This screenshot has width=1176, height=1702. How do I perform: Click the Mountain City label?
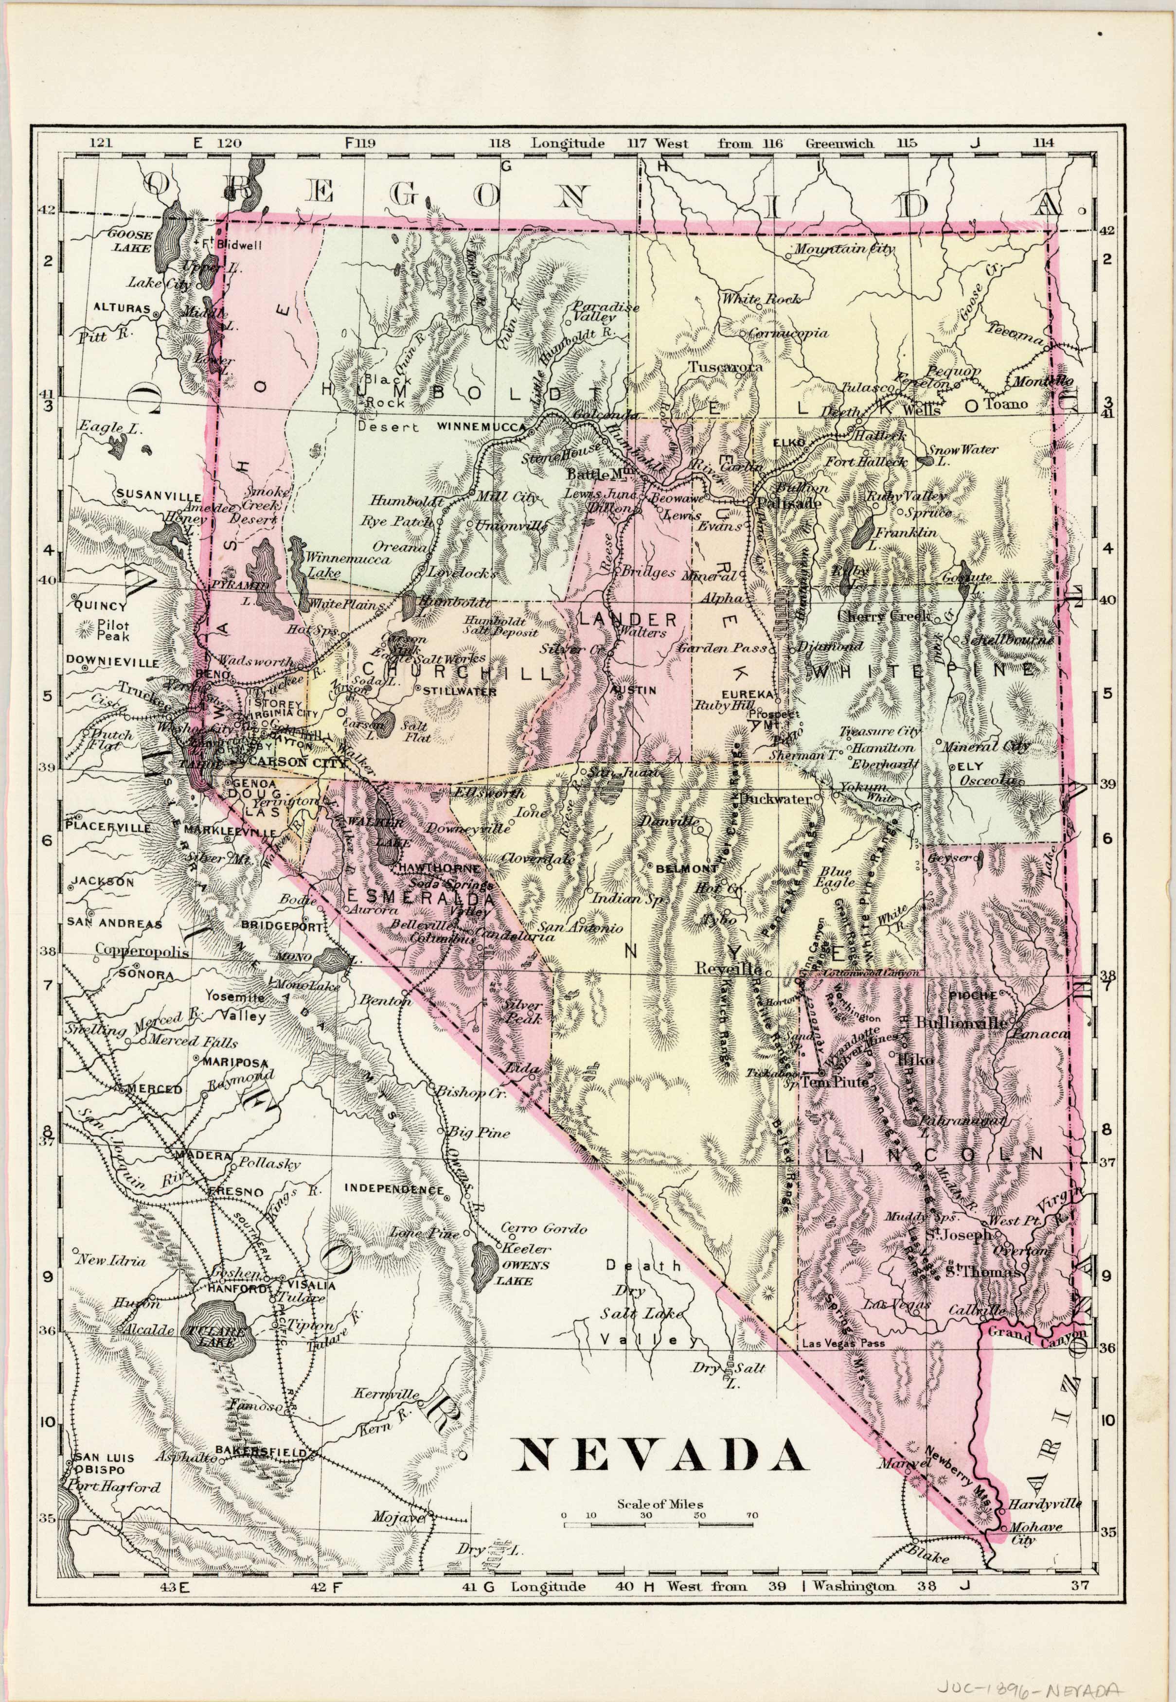point(844,248)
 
